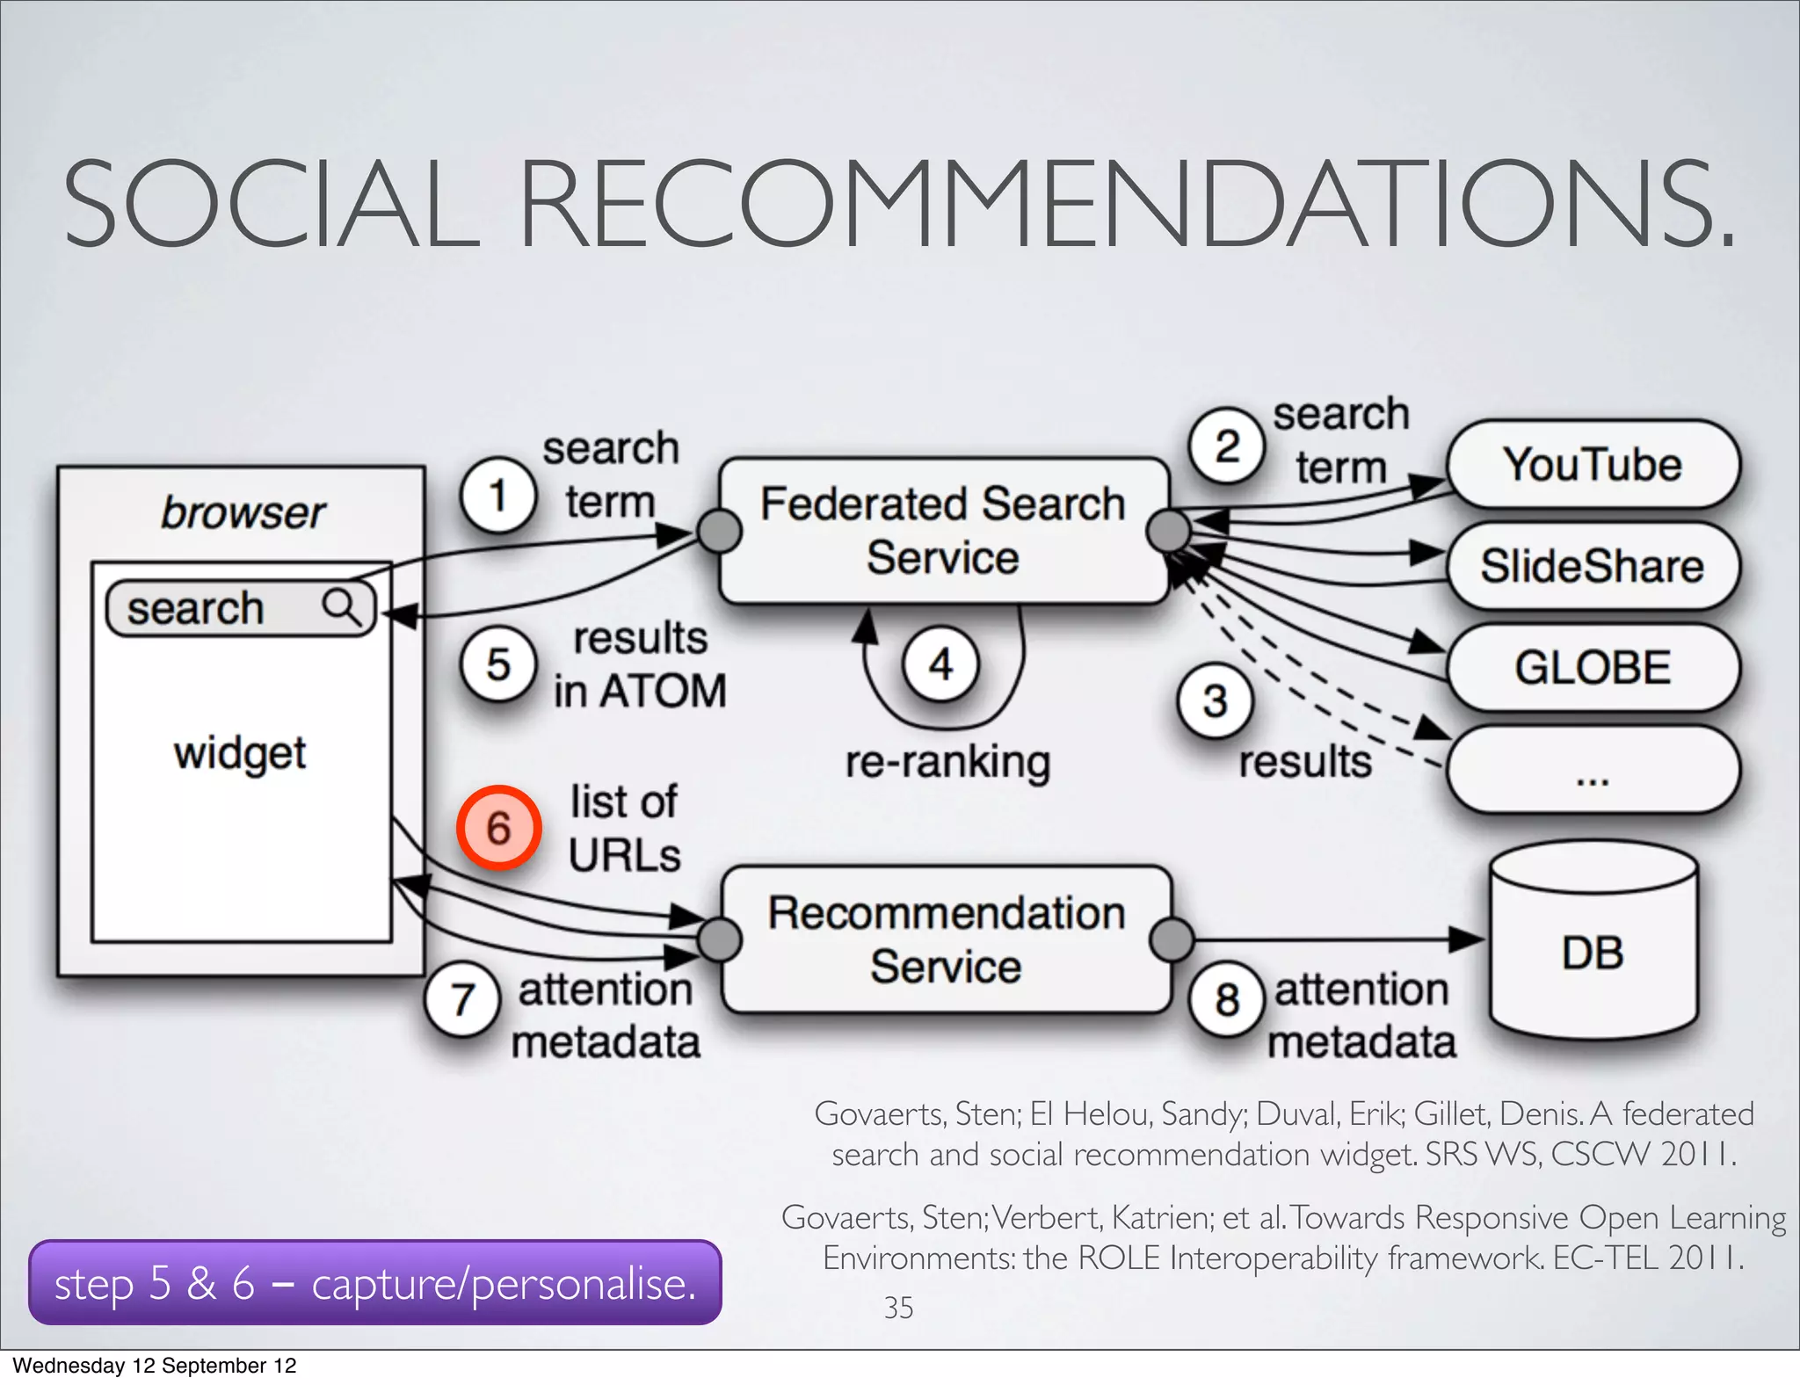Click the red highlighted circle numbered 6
coord(498,828)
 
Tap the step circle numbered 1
coord(497,495)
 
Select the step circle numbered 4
coord(940,664)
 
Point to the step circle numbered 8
coord(1227,999)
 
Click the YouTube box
coord(1592,464)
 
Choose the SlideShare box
coord(1592,565)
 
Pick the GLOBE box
coord(1592,667)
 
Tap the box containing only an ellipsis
coord(1592,769)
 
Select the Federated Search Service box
coord(943,530)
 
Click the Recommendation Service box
coord(946,939)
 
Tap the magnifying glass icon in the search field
coord(341,606)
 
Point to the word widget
coord(240,754)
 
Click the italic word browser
coord(243,512)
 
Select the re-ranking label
coord(947,762)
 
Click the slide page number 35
coord(898,1308)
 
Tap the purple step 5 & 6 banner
coord(374,1283)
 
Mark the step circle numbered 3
coord(1215,700)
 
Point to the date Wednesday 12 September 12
coord(155,1366)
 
